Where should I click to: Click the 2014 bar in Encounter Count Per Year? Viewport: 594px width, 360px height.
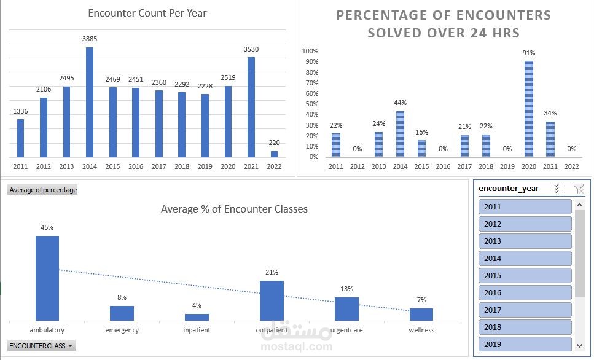click(89, 102)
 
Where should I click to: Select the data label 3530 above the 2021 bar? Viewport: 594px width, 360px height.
click(251, 49)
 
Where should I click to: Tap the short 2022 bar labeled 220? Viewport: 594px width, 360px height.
click(274, 154)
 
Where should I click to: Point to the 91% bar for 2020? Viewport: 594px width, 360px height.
click(528, 109)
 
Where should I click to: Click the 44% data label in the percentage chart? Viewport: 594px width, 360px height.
click(400, 103)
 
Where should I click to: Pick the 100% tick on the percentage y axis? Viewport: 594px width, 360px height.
click(310, 51)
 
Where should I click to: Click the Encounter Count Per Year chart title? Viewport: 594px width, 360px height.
click(147, 13)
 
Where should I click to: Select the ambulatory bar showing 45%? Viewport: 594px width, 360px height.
click(47, 278)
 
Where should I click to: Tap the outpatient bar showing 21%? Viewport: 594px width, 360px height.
click(272, 300)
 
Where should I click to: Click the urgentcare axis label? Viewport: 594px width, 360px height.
click(346, 330)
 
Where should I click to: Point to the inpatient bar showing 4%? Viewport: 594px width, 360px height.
click(197, 317)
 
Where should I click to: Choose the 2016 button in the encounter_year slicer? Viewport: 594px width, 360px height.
click(525, 292)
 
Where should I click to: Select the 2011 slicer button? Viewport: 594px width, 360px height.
click(525, 206)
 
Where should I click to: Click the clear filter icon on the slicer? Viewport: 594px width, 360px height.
click(578, 189)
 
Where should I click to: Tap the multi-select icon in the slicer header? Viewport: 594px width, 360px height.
click(559, 189)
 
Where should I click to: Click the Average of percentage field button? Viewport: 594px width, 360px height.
click(43, 190)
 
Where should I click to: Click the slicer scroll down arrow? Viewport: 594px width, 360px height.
click(579, 345)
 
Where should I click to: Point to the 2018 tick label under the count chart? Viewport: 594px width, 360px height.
click(181, 166)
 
